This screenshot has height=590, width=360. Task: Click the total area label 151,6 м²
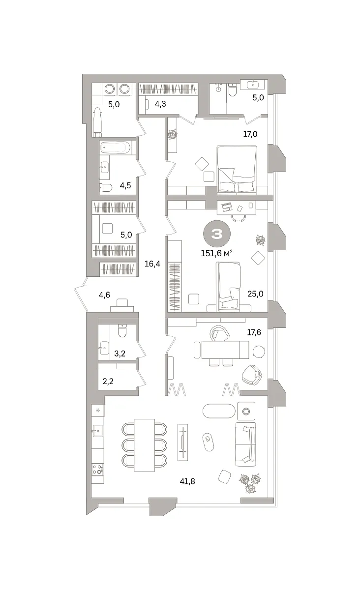coord(216,253)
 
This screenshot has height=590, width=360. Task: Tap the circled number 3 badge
coord(217,234)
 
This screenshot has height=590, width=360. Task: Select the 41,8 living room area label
coord(187,481)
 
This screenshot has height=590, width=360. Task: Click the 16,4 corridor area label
coord(152,264)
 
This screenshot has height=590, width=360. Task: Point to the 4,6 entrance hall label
coord(104,295)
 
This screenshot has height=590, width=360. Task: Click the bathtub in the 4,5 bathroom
coord(116,147)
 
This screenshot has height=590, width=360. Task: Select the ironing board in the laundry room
coord(97,122)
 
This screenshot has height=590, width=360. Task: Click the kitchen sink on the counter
coord(97,431)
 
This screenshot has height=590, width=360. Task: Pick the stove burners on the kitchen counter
coord(97,469)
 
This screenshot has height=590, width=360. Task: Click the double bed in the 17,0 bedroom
coord(237,169)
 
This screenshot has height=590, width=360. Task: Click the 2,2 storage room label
coord(108,381)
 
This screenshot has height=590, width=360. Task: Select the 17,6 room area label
coord(254,332)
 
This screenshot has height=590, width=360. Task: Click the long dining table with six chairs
coord(144,445)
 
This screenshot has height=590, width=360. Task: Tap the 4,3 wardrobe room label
coord(160,104)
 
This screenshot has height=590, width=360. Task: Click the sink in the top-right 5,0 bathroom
coord(252,84)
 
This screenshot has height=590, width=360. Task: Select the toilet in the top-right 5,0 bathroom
coord(233,90)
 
